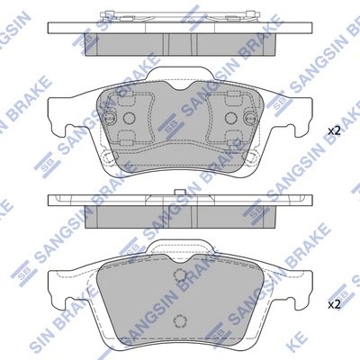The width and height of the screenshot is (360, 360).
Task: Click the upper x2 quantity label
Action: (334, 131)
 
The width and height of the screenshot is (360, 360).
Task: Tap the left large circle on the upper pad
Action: (128, 120)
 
